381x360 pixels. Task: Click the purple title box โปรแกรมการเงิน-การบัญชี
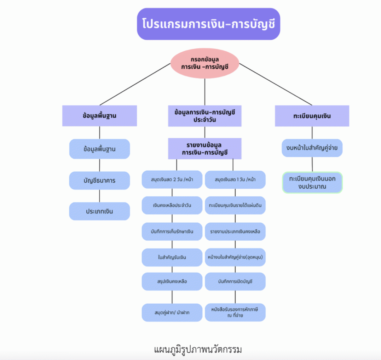[x=208, y=24]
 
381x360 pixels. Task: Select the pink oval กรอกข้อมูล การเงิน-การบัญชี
[x=205, y=63]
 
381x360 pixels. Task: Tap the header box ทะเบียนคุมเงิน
[x=312, y=116]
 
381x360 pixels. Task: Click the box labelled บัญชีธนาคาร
[x=99, y=181]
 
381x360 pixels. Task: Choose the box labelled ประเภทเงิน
[x=99, y=211]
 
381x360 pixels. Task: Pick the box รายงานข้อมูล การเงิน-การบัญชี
[x=205, y=149]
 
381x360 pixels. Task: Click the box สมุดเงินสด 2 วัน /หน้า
[x=172, y=179]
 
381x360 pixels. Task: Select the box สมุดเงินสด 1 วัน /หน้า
[x=235, y=179]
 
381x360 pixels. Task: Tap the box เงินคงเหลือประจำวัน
[x=172, y=205]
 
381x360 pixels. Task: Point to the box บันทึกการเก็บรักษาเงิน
[x=172, y=232]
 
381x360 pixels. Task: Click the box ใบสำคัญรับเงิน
[x=172, y=257]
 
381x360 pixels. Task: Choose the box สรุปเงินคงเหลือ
[x=172, y=281]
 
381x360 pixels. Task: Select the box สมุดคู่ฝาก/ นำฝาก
[x=172, y=313]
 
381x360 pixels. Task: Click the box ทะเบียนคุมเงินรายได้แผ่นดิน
[x=235, y=205]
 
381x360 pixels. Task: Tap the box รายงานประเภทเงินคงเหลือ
[x=235, y=232]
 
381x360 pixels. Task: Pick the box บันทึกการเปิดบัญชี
[x=235, y=281]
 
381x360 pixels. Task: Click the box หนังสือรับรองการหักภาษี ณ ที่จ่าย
[x=235, y=313]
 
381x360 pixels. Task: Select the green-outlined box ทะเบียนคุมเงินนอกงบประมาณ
[x=312, y=183]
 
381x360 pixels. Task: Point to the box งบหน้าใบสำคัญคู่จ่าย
[x=312, y=148]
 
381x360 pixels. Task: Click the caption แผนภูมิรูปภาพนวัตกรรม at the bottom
[x=198, y=350]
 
